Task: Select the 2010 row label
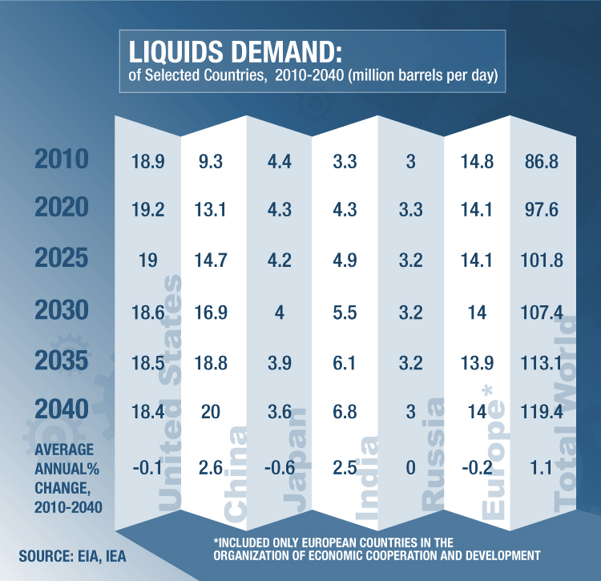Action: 61,160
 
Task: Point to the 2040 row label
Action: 61,410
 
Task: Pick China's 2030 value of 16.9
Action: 214,312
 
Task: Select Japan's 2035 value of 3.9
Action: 280,362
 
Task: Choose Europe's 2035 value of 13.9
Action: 477,362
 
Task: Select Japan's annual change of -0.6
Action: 278,467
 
